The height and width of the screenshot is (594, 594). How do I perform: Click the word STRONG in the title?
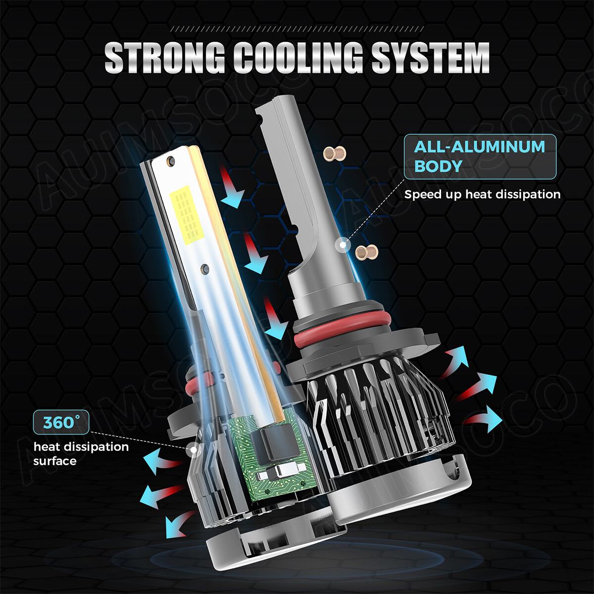[x=165, y=57]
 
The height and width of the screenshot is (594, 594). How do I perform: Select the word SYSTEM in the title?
[x=430, y=57]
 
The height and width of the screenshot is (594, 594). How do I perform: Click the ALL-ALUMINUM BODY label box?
[x=480, y=156]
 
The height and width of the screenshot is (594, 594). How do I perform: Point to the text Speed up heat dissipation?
[x=483, y=195]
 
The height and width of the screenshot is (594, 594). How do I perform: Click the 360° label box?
[x=61, y=422]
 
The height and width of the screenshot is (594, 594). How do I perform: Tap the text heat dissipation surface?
[x=81, y=454]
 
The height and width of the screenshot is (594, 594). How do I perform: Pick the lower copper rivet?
[x=366, y=252]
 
